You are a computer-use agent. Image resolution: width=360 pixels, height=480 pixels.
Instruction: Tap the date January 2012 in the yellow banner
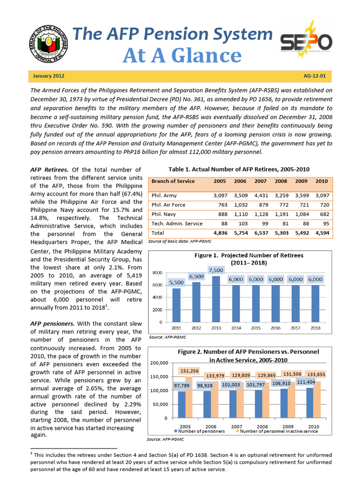[49, 75]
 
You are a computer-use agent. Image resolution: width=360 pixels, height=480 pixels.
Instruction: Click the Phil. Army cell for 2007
[261, 195]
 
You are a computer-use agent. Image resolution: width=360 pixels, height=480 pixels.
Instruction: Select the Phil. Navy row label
[165, 214]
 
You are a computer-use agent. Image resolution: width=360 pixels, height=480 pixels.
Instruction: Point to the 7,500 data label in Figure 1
[216, 270]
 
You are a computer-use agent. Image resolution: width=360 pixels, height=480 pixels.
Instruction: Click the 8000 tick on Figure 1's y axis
[158, 272]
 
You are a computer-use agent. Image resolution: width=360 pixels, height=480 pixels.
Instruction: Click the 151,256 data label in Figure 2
[190, 371]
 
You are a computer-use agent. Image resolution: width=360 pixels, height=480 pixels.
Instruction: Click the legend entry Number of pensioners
[200, 431]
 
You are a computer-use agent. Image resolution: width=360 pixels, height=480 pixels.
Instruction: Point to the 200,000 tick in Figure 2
[158, 363]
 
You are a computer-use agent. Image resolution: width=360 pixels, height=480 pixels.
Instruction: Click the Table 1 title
[239, 169]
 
